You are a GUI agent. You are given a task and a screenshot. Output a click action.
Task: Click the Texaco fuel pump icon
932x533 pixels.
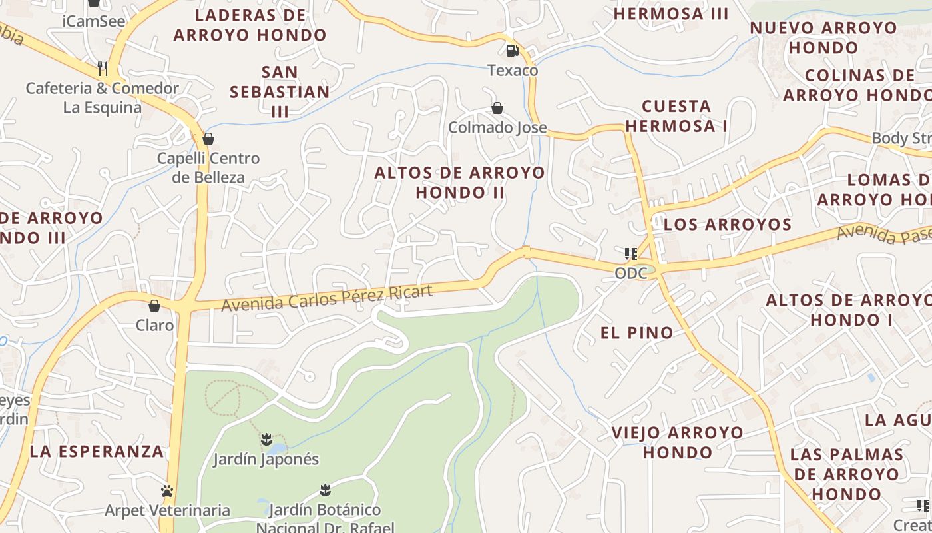tap(512, 50)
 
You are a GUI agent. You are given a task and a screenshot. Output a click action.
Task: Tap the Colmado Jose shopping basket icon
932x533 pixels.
tap(497, 108)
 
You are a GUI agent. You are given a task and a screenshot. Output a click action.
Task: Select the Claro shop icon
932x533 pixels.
tap(154, 306)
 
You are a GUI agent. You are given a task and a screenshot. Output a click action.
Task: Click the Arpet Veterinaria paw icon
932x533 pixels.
tap(167, 491)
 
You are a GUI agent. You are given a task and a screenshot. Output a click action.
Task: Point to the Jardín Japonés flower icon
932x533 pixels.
tap(266, 440)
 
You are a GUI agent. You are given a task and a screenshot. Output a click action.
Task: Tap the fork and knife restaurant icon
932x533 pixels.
tap(103, 68)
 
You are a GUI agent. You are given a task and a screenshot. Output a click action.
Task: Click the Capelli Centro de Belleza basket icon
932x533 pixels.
tap(208, 139)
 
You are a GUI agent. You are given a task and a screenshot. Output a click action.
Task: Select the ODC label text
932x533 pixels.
tap(630, 273)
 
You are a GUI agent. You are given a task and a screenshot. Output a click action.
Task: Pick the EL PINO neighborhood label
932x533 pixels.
tap(637, 333)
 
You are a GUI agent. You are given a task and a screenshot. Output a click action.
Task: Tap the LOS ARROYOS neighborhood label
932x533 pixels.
tap(728, 224)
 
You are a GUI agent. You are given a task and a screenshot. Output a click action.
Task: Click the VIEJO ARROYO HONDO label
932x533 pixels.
tap(678, 442)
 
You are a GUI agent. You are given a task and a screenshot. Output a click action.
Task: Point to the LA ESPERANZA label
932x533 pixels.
tap(97, 451)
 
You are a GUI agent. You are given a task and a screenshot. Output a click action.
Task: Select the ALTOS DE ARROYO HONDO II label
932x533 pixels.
tap(459, 183)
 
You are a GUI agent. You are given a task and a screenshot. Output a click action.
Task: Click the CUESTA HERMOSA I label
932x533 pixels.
tap(676, 115)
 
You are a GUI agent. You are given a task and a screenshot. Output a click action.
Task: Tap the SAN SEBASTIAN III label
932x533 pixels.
tap(280, 91)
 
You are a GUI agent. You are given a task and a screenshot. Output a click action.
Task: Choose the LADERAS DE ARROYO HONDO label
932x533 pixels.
tap(250, 25)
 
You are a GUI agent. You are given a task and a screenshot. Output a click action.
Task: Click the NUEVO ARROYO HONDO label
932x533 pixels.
tap(823, 37)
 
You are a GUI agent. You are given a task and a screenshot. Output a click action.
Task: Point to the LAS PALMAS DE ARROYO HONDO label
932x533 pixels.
tap(847, 474)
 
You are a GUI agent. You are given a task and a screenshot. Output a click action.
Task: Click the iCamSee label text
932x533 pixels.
tap(94, 21)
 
